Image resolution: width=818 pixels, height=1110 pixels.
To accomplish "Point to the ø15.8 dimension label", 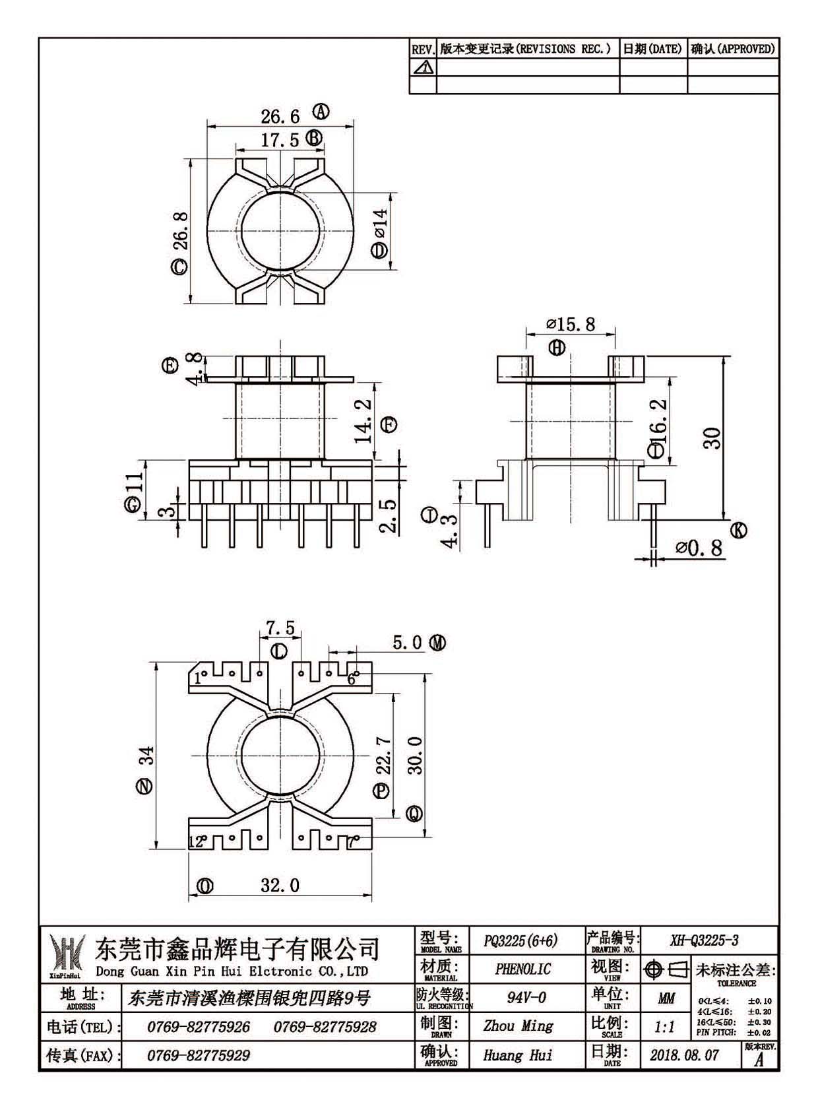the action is pyautogui.click(x=570, y=325).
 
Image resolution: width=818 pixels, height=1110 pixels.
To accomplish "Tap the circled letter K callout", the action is pyautogui.click(x=739, y=531).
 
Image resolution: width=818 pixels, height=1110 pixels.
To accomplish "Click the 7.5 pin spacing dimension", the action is pyautogui.click(x=280, y=628).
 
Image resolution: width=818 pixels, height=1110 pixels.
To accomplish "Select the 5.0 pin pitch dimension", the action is pyautogui.click(x=407, y=643).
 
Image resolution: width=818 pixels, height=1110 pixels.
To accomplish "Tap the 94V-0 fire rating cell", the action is pyautogui.click(x=526, y=998).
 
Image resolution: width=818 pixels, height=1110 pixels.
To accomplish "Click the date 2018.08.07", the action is pyautogui.click(x=684, y=1055).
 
